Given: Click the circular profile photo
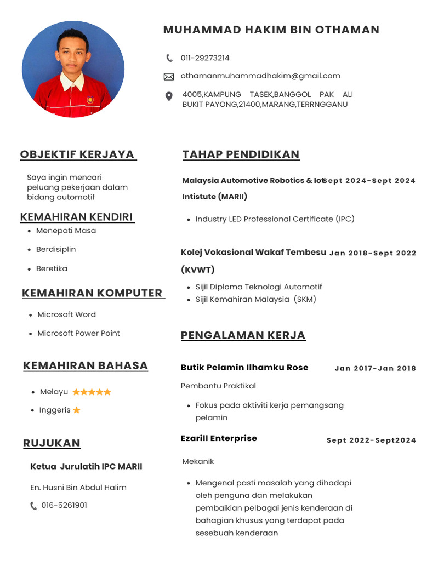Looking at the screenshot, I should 73,70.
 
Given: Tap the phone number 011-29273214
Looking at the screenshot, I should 205,58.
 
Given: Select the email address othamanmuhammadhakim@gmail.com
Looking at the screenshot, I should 260,76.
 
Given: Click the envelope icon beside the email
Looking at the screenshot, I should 169,77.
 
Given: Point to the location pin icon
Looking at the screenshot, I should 169,96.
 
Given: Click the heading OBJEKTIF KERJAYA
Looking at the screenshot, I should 77,154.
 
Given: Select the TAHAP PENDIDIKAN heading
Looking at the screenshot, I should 241,154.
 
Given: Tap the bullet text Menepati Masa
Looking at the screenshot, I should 66,231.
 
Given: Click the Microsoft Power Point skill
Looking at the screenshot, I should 78,333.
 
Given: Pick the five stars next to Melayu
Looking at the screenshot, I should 92,392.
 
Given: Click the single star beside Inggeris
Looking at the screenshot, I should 77,410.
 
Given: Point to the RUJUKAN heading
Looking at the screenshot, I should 52,443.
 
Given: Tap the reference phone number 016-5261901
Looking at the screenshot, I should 64,506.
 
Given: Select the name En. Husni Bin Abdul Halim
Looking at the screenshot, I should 78,488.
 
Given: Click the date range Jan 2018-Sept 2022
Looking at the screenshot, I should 373,253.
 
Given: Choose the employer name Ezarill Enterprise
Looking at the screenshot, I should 219,438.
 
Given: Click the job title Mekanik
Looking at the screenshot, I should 198,462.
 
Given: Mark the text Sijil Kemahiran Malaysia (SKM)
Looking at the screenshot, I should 255,300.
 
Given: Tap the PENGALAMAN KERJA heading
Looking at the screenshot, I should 243,335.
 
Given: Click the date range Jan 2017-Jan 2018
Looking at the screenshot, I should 376,369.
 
